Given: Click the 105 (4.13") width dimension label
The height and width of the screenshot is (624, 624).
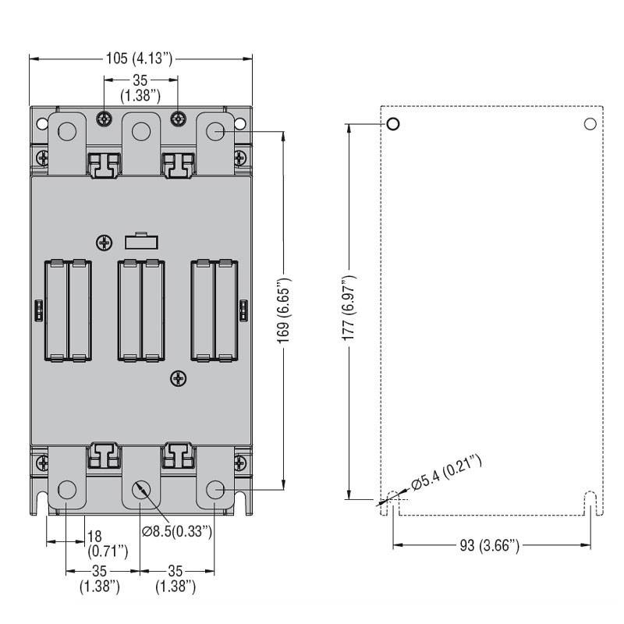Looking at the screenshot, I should pyautogui.click(x=141, y=58).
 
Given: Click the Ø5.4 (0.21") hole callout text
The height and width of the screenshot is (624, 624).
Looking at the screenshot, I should pyautogui.click(x=447, y=474).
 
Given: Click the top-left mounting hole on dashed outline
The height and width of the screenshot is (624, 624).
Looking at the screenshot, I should pyautogui.click(x=392, y=124).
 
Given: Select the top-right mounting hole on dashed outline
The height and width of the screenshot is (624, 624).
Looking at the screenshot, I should pyautogui.click(x=590, y=124).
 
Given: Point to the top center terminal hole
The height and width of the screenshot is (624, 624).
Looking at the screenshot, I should pyautogui.click(x=140, y=131).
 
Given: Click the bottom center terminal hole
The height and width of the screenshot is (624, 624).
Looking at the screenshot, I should pyautogui.click(x=140, y=490).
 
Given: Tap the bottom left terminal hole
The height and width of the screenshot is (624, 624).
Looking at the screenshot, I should pyautogui.click(x=67, y=490).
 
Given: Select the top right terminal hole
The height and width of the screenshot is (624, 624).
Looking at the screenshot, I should pyautogui.click(x=214, y=131).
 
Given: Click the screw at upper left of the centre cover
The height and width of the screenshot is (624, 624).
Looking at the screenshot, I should pyautogui.click(x=103, y=243).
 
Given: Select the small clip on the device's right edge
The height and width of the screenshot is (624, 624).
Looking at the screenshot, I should pyautogui.click(x=243, y=310).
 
